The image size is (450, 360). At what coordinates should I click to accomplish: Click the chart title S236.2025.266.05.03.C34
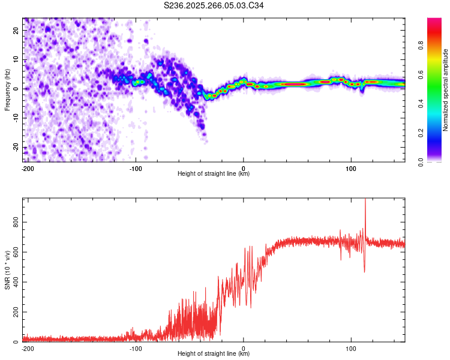pyautogui.click(x=214, y=5)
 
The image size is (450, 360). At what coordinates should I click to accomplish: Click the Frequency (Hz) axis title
pyautogui.click(x=7, y=90)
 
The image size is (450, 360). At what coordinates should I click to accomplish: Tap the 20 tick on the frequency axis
pyautogui.click(x=16, y=30)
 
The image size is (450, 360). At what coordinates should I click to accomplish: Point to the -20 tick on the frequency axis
pyautogui.click(x=16, y=148)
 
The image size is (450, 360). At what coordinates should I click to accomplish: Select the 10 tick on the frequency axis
pyautogui.click(x=16, y=59)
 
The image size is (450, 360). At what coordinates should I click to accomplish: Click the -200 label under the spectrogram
pyautogui.click(x=28, y=169)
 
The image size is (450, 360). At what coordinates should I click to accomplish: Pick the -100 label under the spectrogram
pyautogui.click(x=136, y=169)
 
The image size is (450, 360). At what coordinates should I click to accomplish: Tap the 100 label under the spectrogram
pyautogui.click(x=351, y=169)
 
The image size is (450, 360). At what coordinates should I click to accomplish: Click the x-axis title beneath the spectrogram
pyautogui.click(x=214, y=173)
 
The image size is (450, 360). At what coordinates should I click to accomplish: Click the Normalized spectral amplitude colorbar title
pyautogui.click(x=445, y=90)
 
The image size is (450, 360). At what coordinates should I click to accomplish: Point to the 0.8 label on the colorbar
pyautogui.click(x=421, y=46)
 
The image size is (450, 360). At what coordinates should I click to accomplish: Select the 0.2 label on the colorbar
pyautogui.click(x=421, y=133)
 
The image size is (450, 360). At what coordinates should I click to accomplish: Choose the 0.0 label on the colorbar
pyautogui.click(x=421, y=162)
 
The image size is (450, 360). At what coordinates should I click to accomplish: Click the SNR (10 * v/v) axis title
pyautogui.click(x=7, y=270)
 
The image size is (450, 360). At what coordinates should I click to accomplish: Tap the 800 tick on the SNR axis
pyautogui.click(x=16, y=222)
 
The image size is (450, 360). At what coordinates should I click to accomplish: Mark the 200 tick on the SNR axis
pyautogui.click(x=16, y=312)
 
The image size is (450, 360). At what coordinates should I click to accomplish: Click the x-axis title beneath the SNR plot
pyautogui.click(x=214, y=353)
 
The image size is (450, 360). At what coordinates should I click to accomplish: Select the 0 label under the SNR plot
pyautogui.click(x=244, y=349)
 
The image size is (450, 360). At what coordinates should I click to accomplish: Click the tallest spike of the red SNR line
pyautogui.click(x=365, y=199)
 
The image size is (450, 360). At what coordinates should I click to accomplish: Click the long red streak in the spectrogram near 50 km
pyautogui.click(x=293, y=84)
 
